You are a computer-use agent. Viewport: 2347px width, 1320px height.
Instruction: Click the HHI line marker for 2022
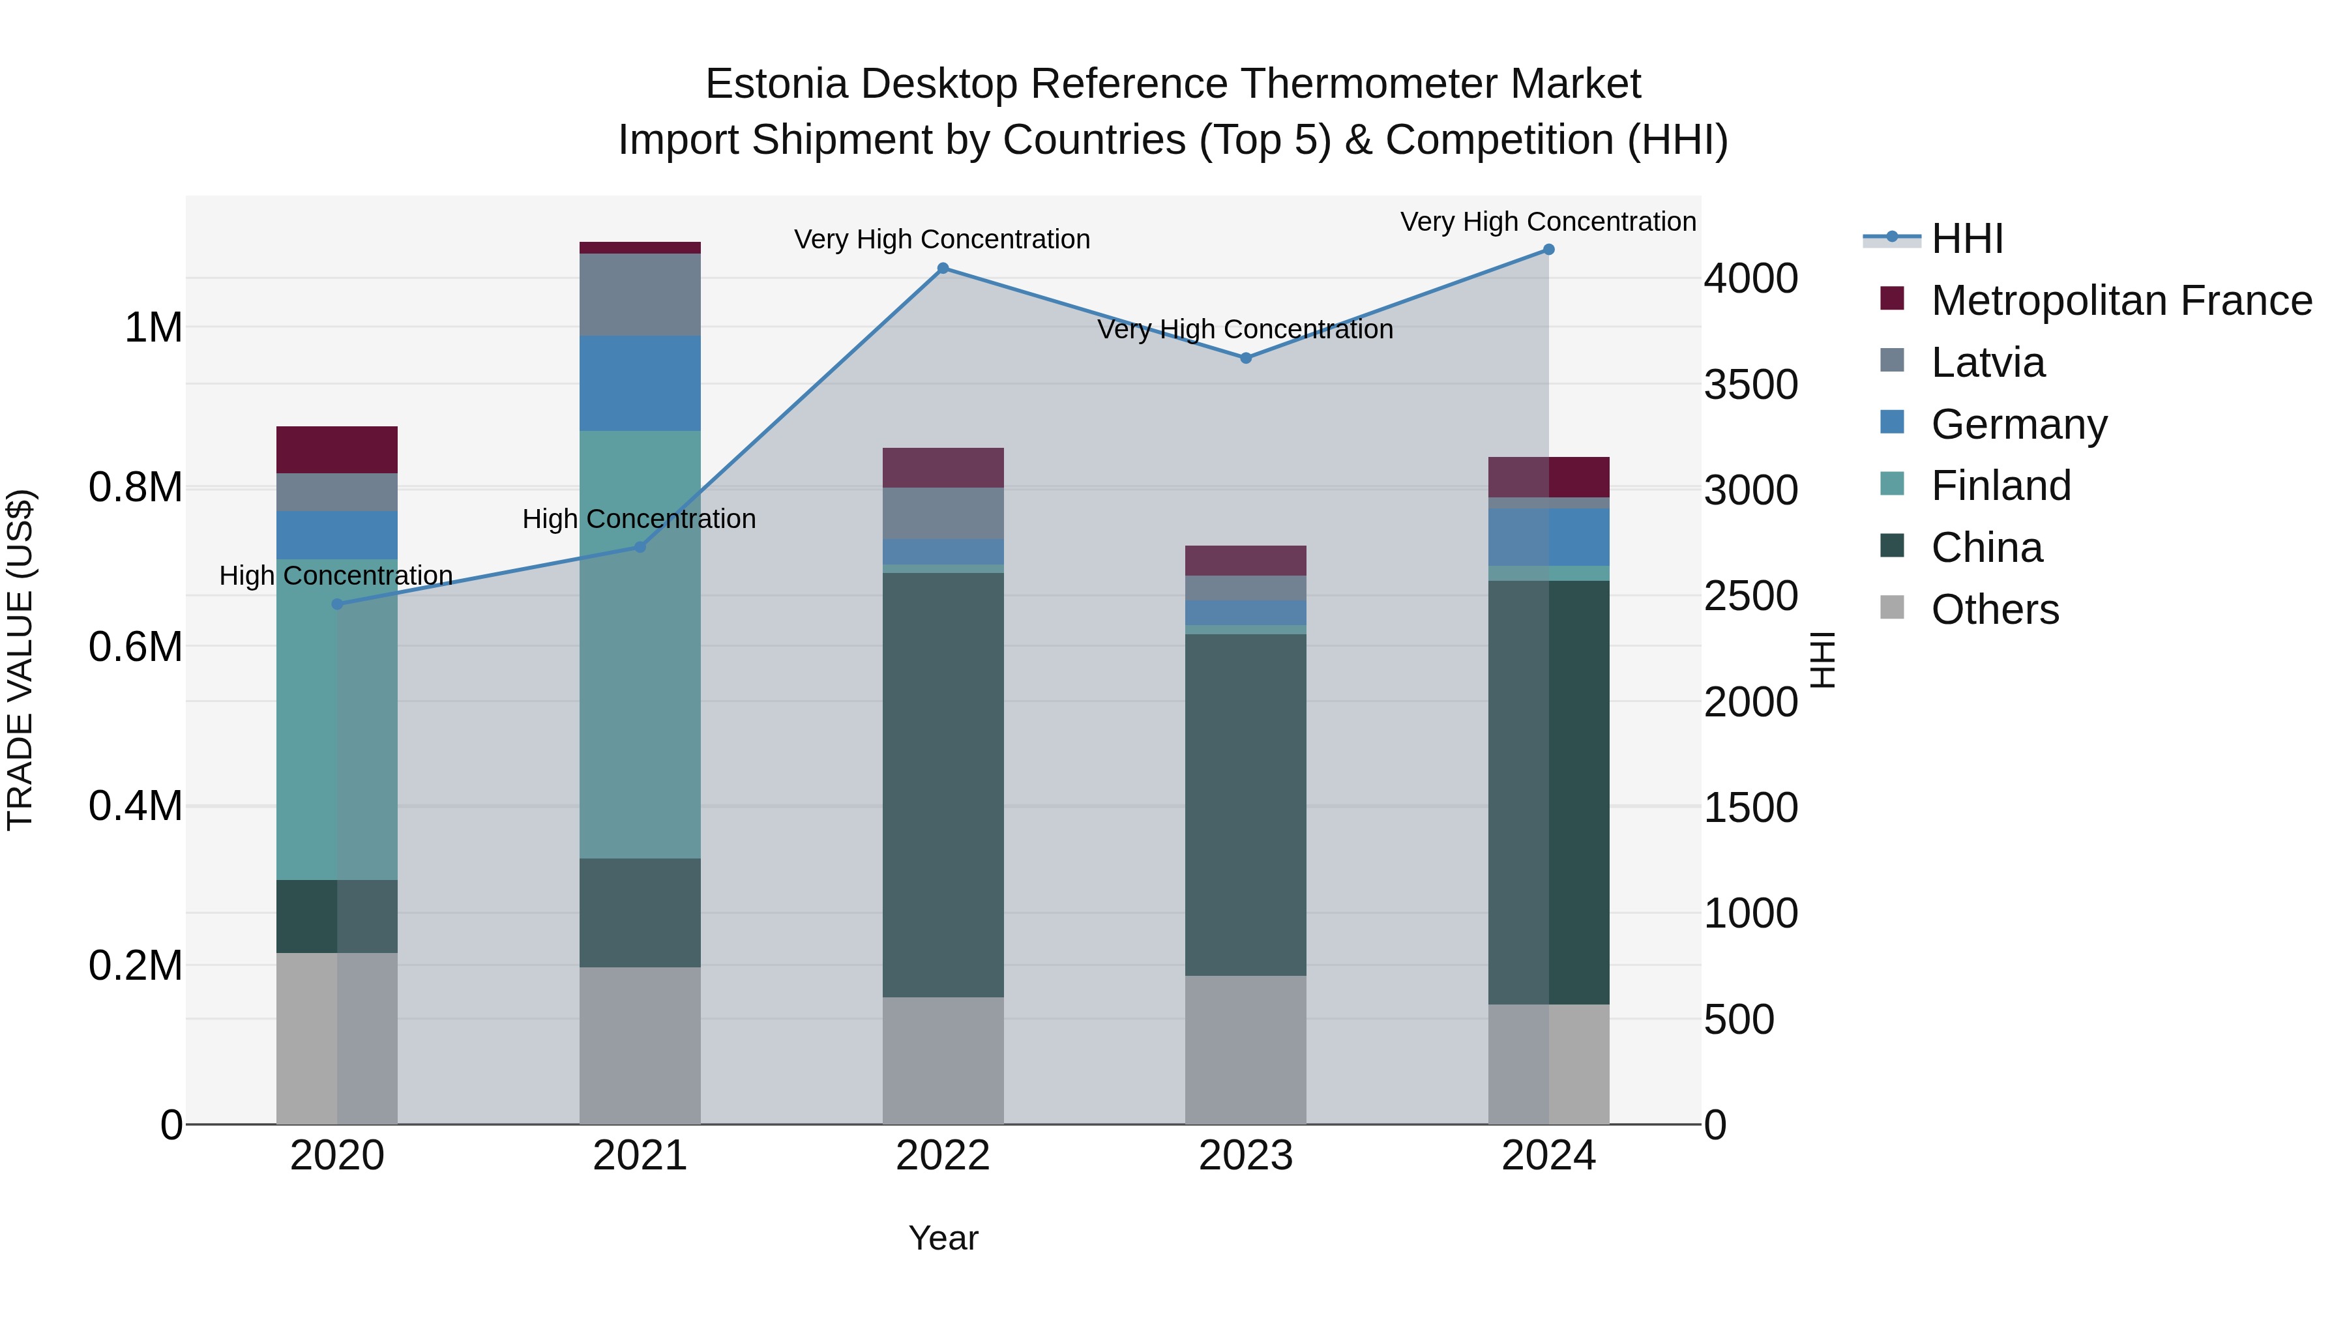point(943,269)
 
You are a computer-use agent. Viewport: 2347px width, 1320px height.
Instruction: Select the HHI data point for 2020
point(337,604)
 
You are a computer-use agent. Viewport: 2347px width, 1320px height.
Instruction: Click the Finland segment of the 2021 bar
point(640,644)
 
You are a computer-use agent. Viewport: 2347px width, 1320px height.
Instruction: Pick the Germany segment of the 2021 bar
point(640,383)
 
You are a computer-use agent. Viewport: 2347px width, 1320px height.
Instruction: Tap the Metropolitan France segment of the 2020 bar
point(337,449)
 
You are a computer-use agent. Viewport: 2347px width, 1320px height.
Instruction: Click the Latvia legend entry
point(1987,362)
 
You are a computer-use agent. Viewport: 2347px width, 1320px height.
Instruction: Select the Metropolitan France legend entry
point(2121,301)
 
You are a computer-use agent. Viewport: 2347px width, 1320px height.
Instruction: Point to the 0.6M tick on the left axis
point(136,647)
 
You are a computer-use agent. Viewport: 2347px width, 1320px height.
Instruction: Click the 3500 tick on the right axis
point(1750,385)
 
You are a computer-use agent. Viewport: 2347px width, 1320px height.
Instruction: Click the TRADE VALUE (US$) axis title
point(20,660)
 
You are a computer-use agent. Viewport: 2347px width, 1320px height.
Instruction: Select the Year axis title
point(943,1238)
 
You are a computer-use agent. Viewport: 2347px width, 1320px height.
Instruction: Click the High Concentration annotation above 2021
point(639,520)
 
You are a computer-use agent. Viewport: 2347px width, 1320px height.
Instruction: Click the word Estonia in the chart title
point(777,84)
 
